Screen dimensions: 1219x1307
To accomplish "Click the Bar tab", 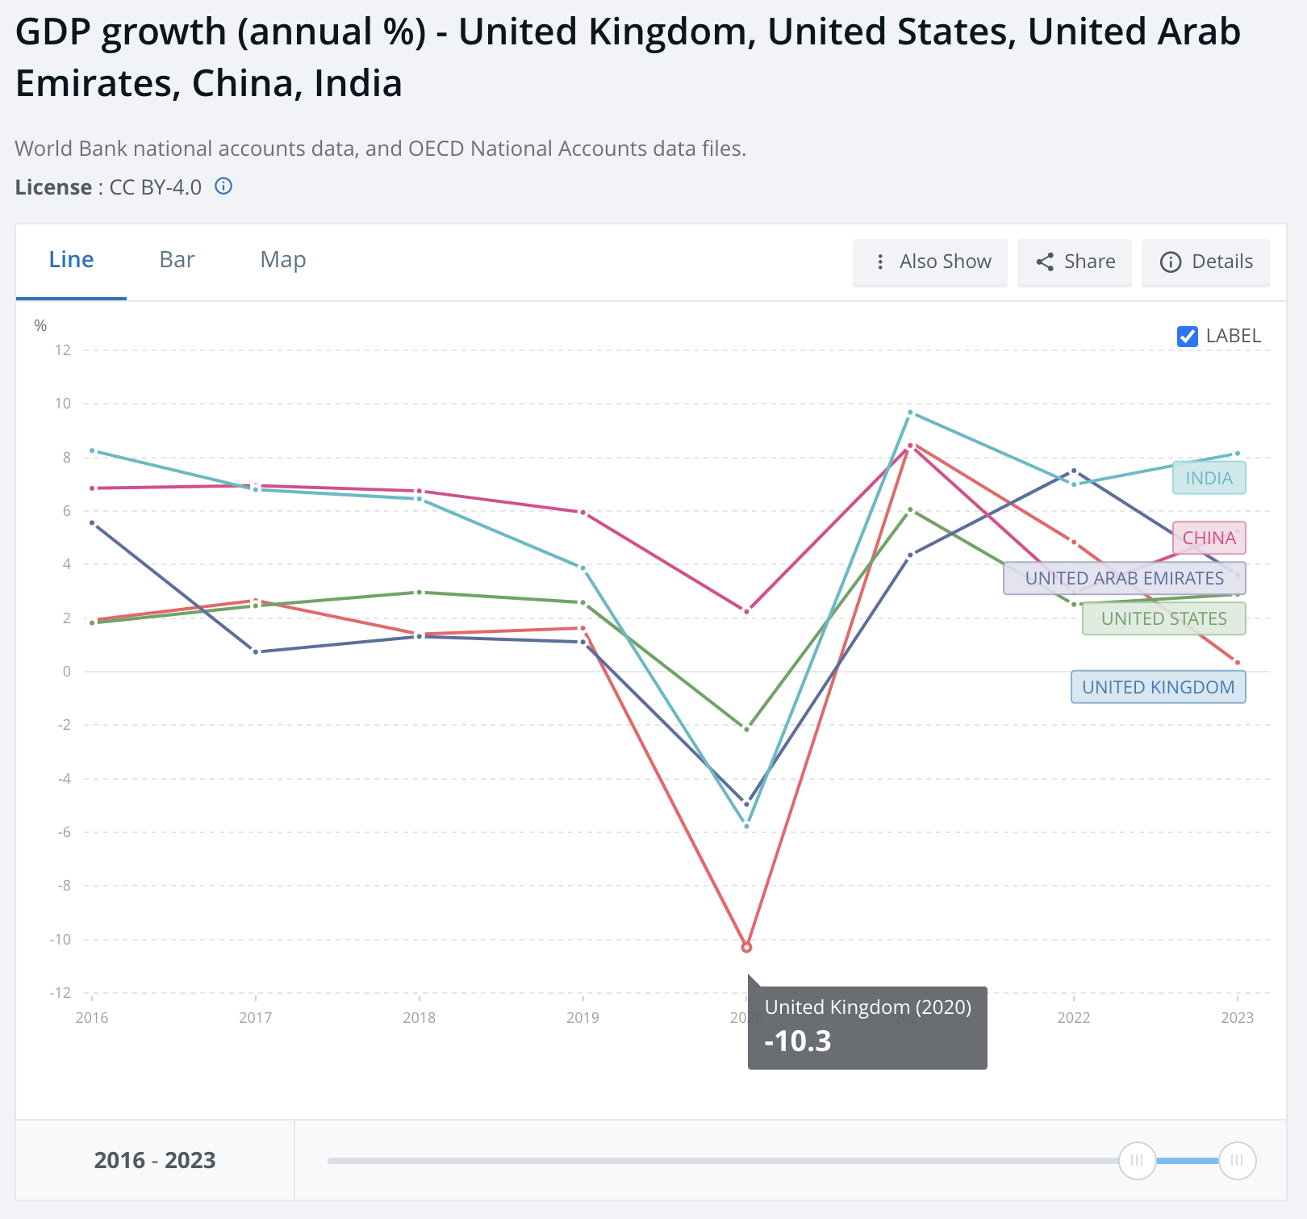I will (177, 260).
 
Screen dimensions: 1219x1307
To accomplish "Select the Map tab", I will (282, 260).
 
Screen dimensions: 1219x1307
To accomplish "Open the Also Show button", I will (930, 262).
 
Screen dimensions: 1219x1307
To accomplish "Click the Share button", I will (1075, 262).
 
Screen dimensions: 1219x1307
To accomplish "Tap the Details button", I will (1205, 262).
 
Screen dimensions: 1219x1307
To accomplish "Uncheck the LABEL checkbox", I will (1187, 336).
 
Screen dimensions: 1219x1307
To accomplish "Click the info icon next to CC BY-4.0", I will (223, 186).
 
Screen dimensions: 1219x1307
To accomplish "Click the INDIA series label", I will (1209, 478).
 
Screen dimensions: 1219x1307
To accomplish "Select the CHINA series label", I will (1209, 538).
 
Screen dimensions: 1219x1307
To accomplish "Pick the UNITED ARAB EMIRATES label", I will (1124, 578).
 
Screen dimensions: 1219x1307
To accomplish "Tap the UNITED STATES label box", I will (1163, 618).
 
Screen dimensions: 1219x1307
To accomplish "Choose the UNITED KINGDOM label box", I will (1158, 687).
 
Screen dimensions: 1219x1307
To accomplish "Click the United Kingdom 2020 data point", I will (746, 947).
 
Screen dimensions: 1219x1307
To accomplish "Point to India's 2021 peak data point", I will (910, 413).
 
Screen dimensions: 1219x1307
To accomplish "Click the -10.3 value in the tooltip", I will (797, 1041).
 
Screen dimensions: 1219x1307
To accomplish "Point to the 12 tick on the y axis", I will (63, 350).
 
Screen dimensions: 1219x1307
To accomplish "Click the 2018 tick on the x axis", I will (419, 1017).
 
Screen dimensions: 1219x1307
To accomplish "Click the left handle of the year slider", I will (1137, 1161).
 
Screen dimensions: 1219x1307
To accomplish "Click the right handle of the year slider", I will (1237, 1161).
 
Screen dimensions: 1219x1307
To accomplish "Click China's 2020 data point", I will (746, 611).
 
